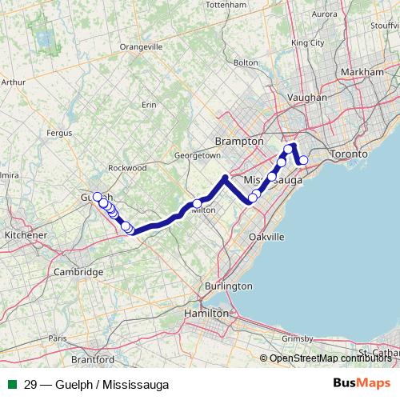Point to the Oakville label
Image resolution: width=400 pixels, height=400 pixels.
pos(266,238)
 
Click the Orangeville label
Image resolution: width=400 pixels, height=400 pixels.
pos(141,47)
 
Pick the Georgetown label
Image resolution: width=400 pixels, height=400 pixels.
pos(197,154)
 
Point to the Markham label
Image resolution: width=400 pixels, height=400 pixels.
pos(362,72)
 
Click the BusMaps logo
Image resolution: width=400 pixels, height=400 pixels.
pos(362,384)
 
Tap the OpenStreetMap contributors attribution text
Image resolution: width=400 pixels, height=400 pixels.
pos(330,358)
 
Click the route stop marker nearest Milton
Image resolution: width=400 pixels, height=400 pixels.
pos(197,204)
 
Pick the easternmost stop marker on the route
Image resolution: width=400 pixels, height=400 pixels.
pos(303,160)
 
